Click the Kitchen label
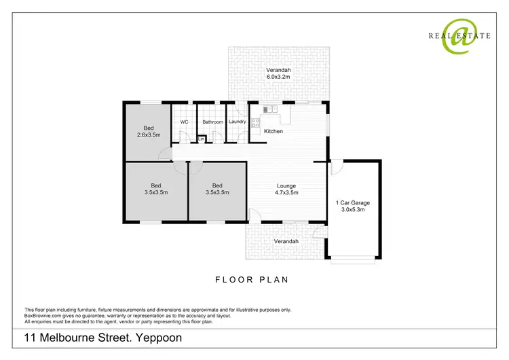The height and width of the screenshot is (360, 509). click(x=273, y=131)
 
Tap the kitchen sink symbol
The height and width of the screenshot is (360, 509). click(x=267, y=108)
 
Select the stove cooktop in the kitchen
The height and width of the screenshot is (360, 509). click(x=256, y=123)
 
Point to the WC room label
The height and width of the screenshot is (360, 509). click(x=183, y=122)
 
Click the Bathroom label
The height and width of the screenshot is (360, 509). click(x=212, y=122)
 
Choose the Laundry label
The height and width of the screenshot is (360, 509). click(x=237, y=122)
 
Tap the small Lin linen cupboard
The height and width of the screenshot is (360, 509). click(x=201, y=139)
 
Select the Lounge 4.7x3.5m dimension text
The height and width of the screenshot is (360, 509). click(x=286, y=193)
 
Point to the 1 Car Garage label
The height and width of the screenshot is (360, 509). click(x=352, y=202)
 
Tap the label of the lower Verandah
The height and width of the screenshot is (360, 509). click(x=286, y=241)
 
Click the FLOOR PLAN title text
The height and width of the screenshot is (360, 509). click(x=252, y=279)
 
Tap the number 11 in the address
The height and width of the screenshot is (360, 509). click(x=31, y=337)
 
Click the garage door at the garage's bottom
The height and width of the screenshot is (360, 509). click(x=352, y=258)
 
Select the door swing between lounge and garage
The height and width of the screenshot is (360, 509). click(x=337, y=166)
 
